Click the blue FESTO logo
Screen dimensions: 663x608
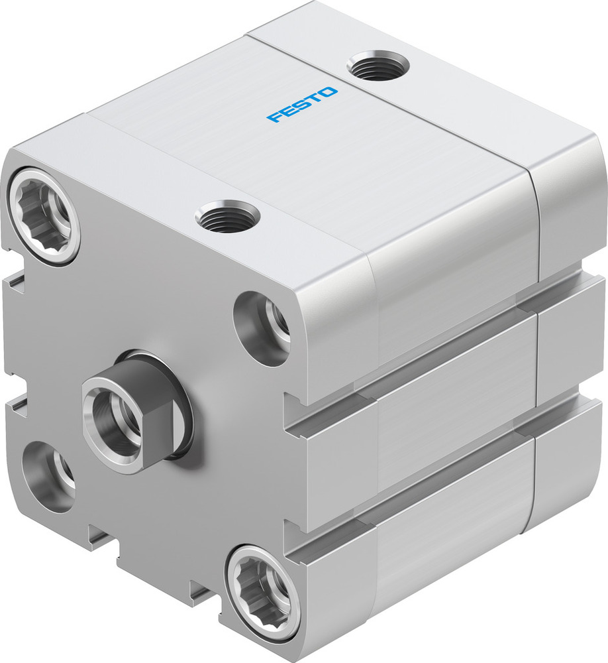coord(302,105)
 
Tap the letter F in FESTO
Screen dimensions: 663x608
coord(273,119)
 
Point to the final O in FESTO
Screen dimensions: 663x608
coord(330,91)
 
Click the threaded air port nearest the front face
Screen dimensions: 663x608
coord(227,217)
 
